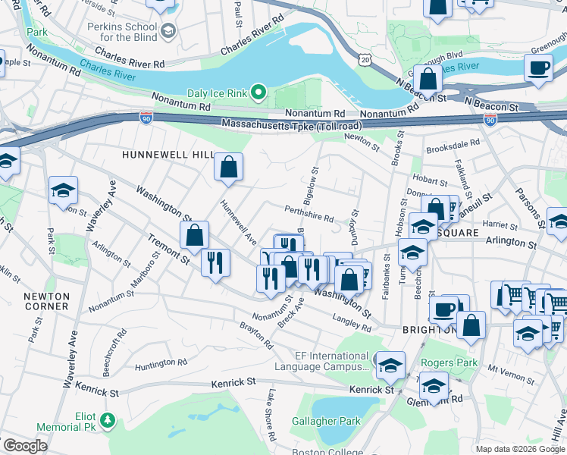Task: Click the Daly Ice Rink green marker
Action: coord(258,94)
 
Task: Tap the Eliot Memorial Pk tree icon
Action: coord(108,419)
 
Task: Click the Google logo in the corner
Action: coord(25,446)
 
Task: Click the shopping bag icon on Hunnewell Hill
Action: coord(228,167)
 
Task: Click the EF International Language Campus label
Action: coord(331,361)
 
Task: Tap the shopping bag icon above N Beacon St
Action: coord(428,79)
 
